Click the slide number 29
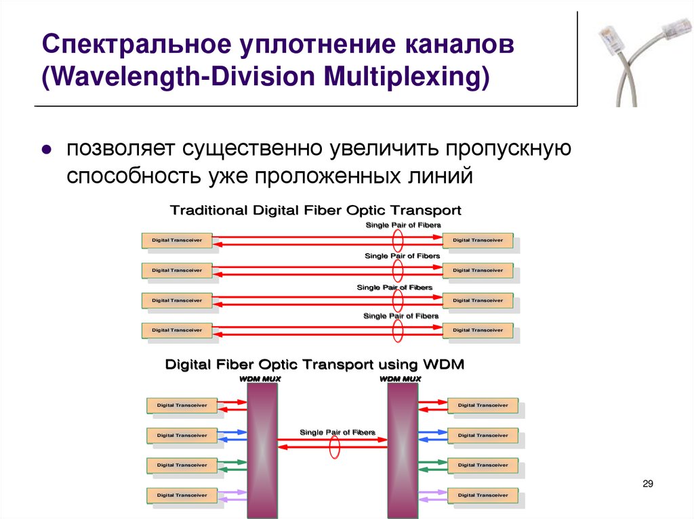[647, 483]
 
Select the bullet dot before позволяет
[47, 150]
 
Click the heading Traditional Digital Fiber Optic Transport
[315, 210]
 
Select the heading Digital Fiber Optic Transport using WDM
[315, 365]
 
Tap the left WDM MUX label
[260, 379]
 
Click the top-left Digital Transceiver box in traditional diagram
[177, 240]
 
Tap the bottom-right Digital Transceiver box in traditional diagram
[477, 330]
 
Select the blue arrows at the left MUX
[233, 435]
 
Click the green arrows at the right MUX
[431, 465]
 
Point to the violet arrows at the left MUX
[233, 495]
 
